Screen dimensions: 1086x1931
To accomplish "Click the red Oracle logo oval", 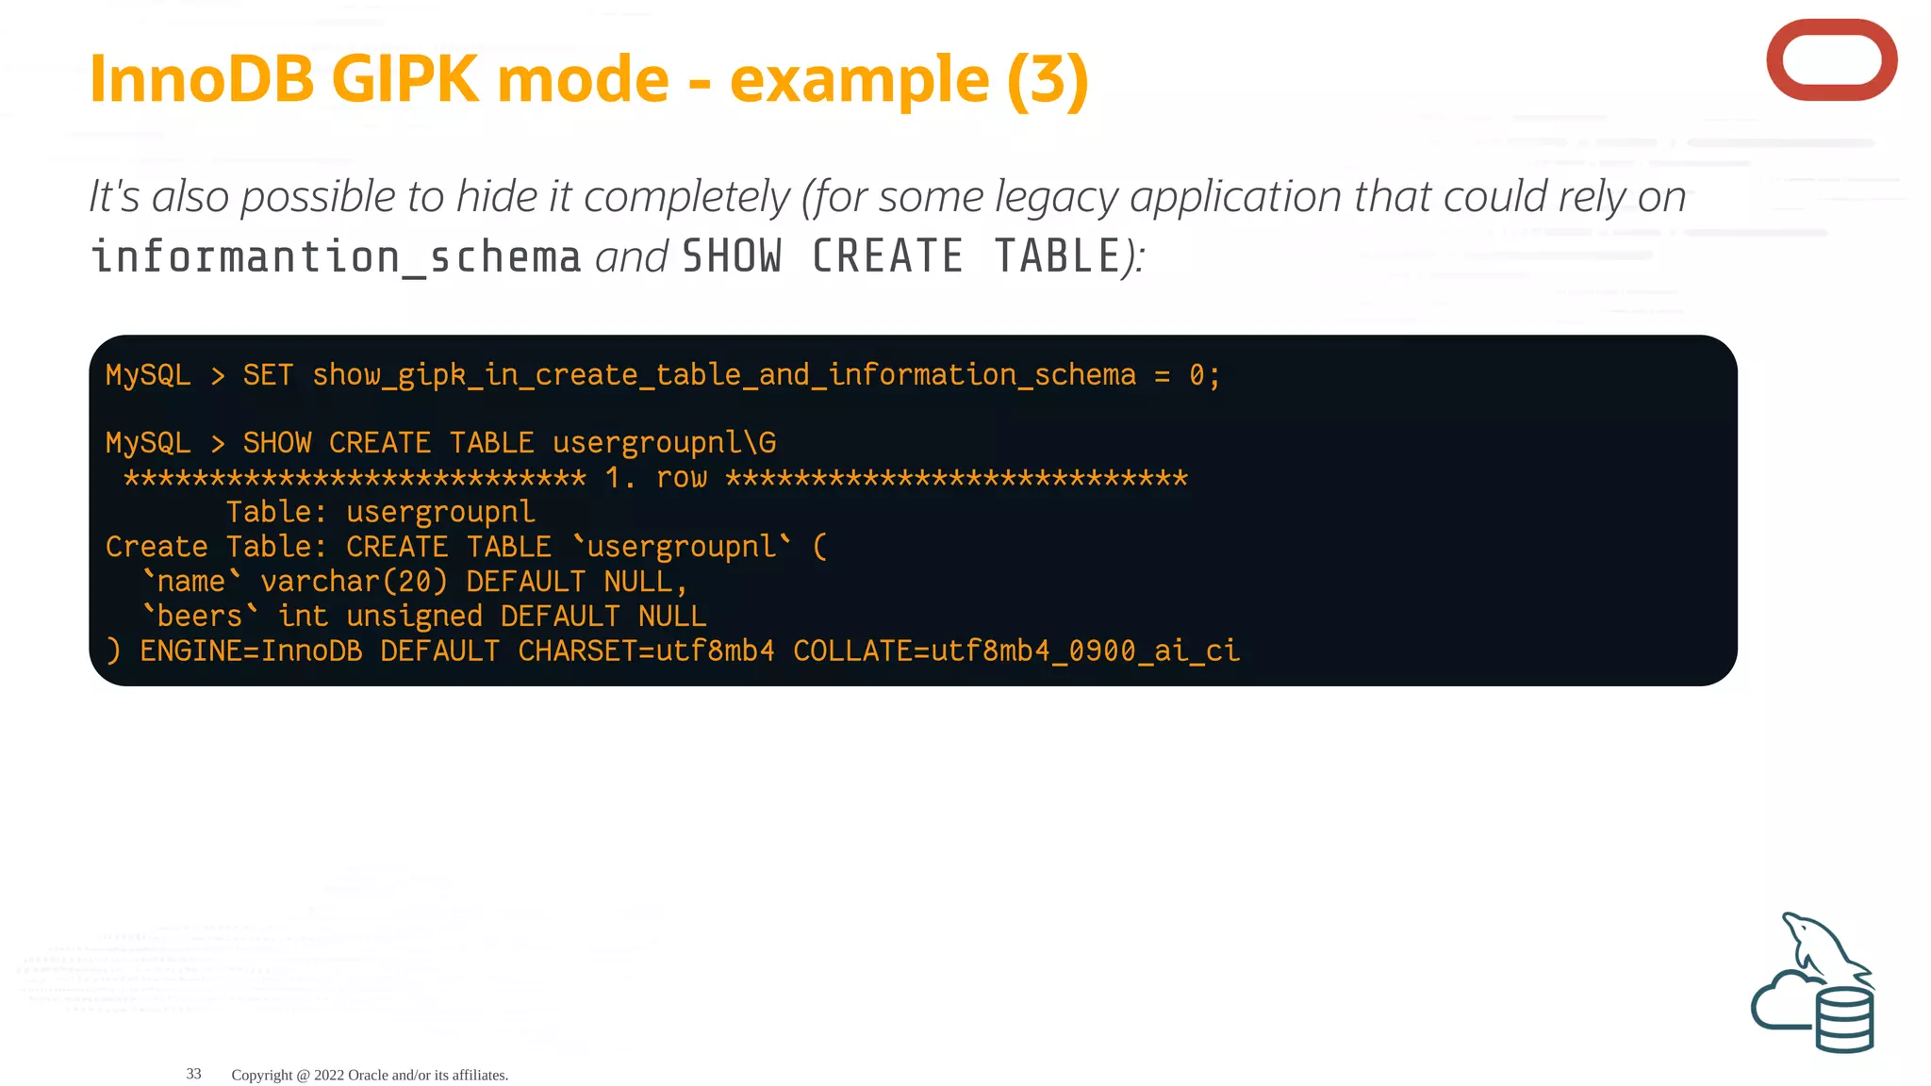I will (x=1831, y=60).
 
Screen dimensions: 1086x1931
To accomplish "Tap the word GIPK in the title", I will (x=404, y=79).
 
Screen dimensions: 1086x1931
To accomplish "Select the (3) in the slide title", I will (x=1048, y=81).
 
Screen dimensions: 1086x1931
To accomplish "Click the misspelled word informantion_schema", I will (x=336, y=257).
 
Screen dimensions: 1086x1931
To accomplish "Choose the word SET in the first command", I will (x=268, y=375).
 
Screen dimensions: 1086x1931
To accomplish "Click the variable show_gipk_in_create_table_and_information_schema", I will (x=724, y=375).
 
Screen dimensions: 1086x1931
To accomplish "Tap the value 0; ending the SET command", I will (x=1204, y=375).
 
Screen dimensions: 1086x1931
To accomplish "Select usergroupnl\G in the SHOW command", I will (x=664, y=443).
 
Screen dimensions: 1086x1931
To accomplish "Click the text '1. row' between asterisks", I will (x=655, y=478).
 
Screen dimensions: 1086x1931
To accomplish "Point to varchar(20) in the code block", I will (x=354, y=582).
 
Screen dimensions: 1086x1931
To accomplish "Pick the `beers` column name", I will (x=199, y=617).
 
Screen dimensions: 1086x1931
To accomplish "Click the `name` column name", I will (x=191, y=582).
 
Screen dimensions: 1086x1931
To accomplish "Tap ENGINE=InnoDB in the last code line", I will (x=251, y=651).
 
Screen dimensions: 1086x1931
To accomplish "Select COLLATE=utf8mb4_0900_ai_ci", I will (x=1016, y=651).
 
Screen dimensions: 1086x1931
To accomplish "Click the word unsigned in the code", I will (x=414, y=617).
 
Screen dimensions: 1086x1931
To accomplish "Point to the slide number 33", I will (x=194, y=1074).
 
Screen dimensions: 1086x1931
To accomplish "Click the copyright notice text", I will (x=370, y=1075).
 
